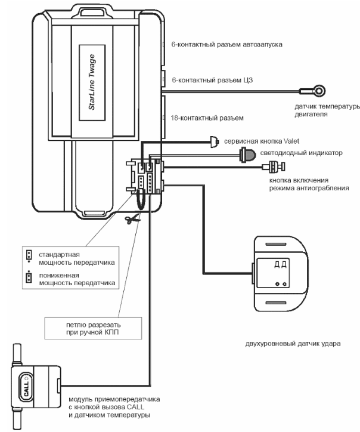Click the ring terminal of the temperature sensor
(319, 91)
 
